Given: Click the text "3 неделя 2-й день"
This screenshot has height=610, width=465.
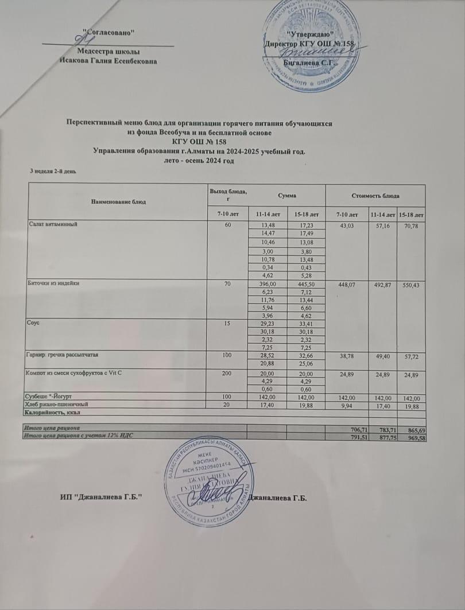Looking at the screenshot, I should [53, 171].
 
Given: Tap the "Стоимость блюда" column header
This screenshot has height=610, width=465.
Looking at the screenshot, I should [375, 196].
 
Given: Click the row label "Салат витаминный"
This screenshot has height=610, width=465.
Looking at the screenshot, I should [55, 224].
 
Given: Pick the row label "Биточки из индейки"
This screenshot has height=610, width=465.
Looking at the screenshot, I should [56, 283].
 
